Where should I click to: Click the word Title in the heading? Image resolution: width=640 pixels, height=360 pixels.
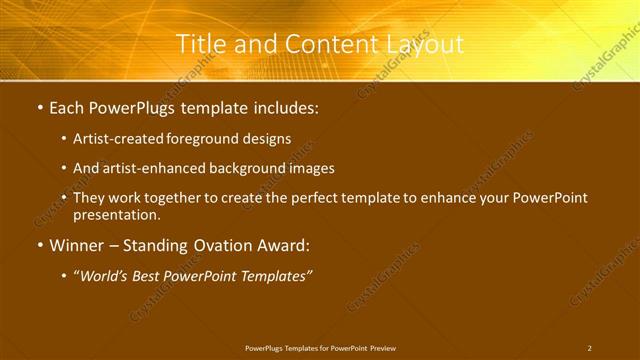pos(199,44)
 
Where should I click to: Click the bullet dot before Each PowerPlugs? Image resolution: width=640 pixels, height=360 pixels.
pos(39,106)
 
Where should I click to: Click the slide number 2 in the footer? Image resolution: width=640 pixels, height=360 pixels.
pos(589,348)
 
